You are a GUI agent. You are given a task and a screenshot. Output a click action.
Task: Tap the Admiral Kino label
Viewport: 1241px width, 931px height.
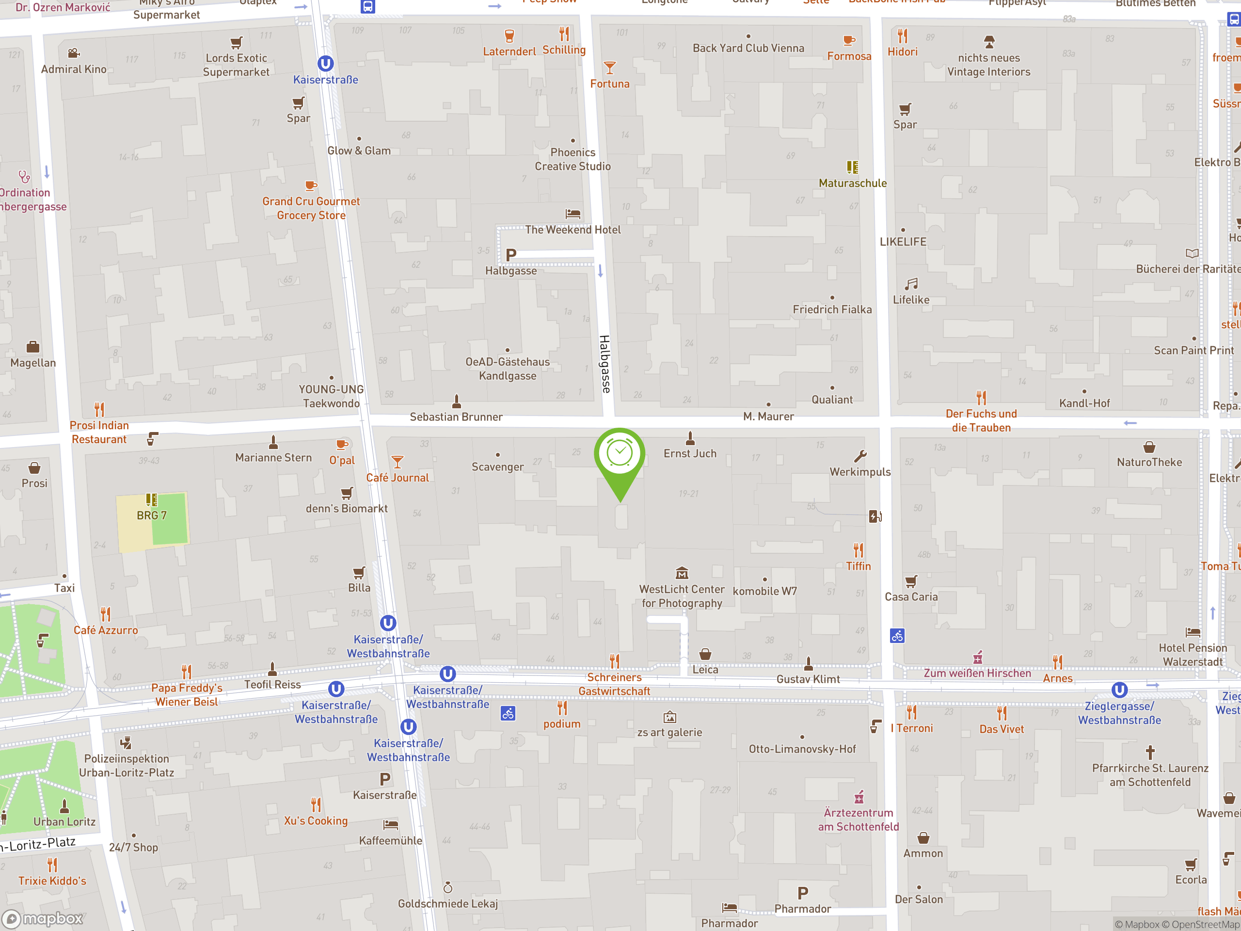[x=74, y=69]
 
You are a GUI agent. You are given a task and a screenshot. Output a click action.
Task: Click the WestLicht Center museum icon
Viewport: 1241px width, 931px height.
[x=682, y=573]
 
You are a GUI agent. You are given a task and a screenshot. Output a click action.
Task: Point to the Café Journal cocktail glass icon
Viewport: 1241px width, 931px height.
[x=397, y=462]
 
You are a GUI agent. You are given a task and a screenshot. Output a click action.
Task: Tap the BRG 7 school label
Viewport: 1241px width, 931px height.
[x=151, y=515]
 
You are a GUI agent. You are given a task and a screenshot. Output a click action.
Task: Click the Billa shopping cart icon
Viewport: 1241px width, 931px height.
[x=359, y=572]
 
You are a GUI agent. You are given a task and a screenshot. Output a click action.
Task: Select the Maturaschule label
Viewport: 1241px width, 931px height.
[x=852, y=183]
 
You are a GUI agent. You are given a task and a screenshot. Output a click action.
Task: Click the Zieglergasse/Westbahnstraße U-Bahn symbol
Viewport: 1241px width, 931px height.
[x=1119, y=690]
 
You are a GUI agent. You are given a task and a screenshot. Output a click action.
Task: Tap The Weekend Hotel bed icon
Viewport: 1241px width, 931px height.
[x=573, y=214]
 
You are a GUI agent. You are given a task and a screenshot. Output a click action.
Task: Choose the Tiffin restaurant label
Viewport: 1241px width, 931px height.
[x=859, y=566]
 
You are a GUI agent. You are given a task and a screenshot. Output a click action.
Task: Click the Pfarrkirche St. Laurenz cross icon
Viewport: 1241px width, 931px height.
[x=1150, y=752]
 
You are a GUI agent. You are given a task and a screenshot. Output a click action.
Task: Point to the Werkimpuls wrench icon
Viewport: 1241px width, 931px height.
[x=860, y=456]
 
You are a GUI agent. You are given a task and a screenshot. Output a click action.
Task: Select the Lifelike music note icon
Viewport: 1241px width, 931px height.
[x=911, y=284]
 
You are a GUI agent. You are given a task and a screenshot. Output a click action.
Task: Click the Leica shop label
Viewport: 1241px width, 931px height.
[x=705, y=670]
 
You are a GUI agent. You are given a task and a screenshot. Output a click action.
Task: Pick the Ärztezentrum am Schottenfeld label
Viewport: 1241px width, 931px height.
[x=858, y=819]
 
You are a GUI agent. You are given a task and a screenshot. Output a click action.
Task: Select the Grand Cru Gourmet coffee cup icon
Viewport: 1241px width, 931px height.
[x=311, y=186]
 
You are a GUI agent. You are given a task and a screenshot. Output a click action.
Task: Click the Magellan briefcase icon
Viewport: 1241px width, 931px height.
[x=33, y=347]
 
